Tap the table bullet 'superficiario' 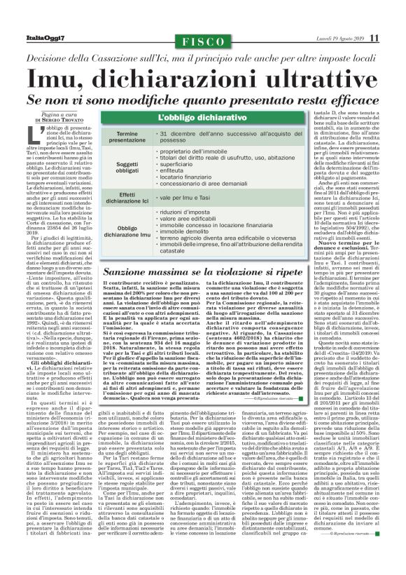click(186, 170)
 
